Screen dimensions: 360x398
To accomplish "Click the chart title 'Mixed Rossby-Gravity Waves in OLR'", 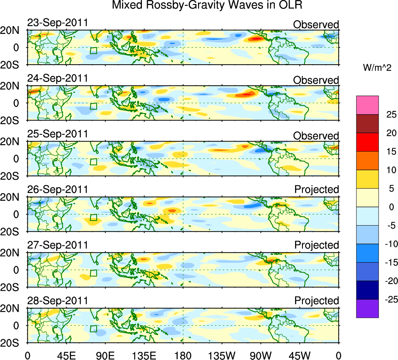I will (207, 6).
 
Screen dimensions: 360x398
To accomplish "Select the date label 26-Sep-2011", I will (58, 189).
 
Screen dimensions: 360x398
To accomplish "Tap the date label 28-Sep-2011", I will (58, 301).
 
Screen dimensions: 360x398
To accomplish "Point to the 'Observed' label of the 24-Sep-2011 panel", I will (316, 80).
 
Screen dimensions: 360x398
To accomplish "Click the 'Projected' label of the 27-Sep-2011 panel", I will (317, 245).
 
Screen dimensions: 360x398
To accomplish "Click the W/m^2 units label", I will (377, 68).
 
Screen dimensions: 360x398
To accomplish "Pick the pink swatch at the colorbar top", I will (367, 105).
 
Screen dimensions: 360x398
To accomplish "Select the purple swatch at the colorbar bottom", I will (367, 309).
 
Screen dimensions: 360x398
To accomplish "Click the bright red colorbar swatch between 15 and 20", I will (367, 142).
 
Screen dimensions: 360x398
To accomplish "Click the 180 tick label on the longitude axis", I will (183, 355).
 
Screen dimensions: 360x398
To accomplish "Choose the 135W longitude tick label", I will (222, 355).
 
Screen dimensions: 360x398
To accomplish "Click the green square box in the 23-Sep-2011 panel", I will (94, 50).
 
